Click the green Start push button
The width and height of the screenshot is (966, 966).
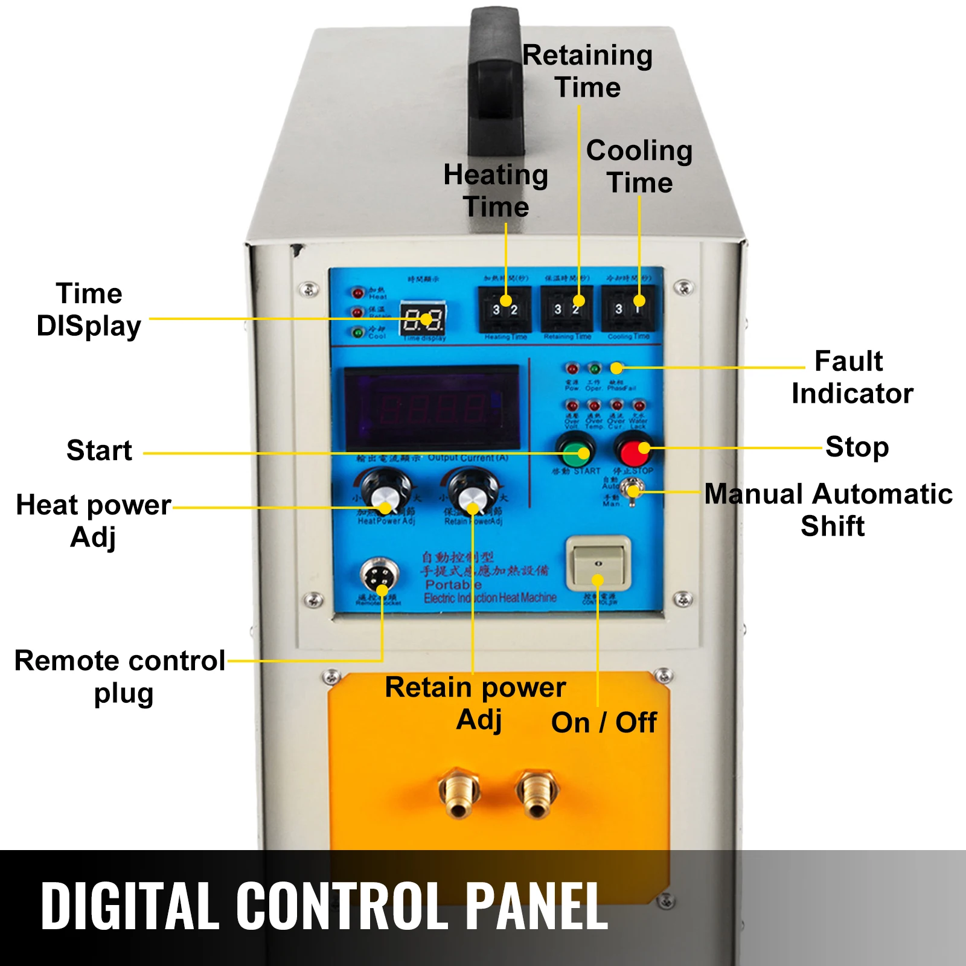[575, 450]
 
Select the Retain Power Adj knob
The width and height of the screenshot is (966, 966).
[471, 492]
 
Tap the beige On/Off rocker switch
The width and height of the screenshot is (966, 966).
[598, 563]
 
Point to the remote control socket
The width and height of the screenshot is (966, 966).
[379, 577]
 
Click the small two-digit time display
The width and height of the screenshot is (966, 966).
[424, 320]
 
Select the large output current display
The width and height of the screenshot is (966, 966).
[432, 408]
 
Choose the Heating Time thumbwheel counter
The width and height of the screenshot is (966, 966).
[505, 309]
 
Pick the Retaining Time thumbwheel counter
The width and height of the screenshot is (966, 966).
[567, 309]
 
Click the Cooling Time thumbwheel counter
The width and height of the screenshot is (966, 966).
[628, 309]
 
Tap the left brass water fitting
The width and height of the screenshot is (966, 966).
[459, 792]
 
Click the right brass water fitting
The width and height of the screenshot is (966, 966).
[537, 792]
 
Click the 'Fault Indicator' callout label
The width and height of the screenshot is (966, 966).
[851, 377]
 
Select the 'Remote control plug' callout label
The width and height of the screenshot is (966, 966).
[121, 677]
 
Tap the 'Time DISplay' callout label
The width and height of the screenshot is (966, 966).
[89, 310]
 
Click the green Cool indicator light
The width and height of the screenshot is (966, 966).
[358, 332]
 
